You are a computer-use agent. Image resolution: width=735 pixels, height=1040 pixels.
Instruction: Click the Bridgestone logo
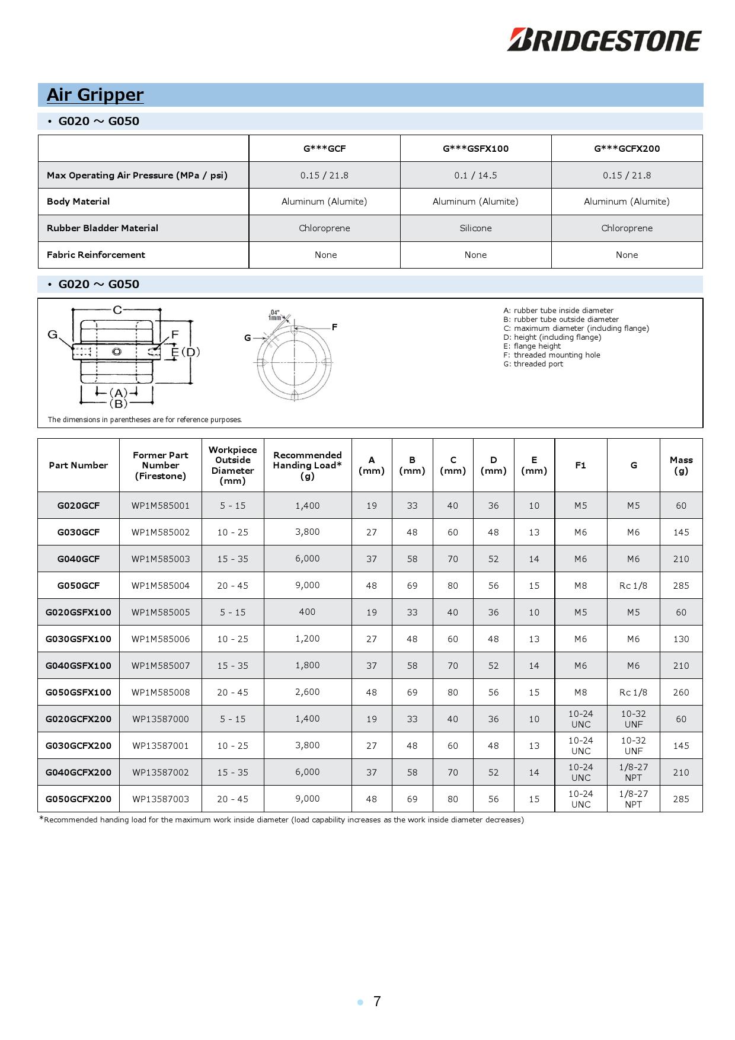click(604, 40)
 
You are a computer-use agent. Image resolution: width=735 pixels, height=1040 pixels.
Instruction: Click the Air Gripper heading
click(95, 95)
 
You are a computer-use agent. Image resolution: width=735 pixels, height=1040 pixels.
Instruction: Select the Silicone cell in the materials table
click(475, 228)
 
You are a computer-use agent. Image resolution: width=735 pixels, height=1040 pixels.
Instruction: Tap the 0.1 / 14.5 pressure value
click(475, 176)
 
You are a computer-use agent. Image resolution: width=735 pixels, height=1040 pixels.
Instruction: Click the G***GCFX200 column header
click(627, 149)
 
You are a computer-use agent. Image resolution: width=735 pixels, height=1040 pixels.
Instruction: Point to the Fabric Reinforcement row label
click(96, 255)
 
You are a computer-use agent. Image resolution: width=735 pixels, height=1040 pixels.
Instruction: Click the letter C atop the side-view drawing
click(117, 310)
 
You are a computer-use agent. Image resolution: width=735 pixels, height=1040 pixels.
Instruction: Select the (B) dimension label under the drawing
click(119, 404)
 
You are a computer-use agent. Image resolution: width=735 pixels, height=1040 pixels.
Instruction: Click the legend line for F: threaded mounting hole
click(551, 355)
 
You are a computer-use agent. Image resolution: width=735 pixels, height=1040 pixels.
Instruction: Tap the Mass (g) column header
click(681, 465)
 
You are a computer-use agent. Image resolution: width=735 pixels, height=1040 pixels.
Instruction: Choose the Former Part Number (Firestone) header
click(161, 465)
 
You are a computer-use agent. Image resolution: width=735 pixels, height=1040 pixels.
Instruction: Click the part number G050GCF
click(78, 586)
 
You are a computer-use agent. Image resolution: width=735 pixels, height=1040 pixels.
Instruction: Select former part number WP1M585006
click(161, 639)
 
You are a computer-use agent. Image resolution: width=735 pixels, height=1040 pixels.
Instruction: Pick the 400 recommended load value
click(307, 612)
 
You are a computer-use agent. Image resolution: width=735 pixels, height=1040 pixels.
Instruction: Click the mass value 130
click(681, 639)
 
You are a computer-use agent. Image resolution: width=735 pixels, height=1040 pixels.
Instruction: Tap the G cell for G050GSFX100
click(633, 693)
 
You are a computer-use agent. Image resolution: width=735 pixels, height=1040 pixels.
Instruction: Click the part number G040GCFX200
click(78, 773)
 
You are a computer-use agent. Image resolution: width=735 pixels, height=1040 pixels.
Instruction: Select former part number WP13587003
click(161, 799)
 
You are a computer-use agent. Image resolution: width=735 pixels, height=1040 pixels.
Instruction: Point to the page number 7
click(377, 1001)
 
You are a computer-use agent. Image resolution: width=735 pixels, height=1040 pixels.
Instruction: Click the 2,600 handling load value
click(307, 692)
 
